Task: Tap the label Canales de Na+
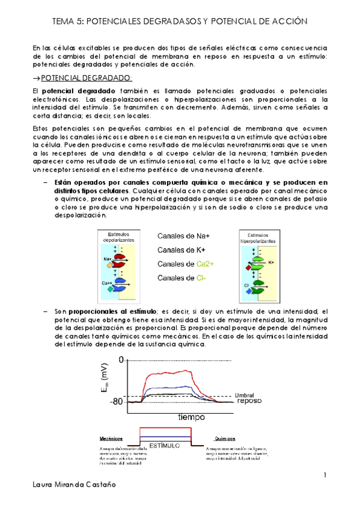[188, 236]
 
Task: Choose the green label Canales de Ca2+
[189, 264]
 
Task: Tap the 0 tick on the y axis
[121, 360]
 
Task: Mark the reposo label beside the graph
[248, 401]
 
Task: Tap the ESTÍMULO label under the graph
[166, 446]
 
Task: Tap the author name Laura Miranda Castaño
[72, 500]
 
